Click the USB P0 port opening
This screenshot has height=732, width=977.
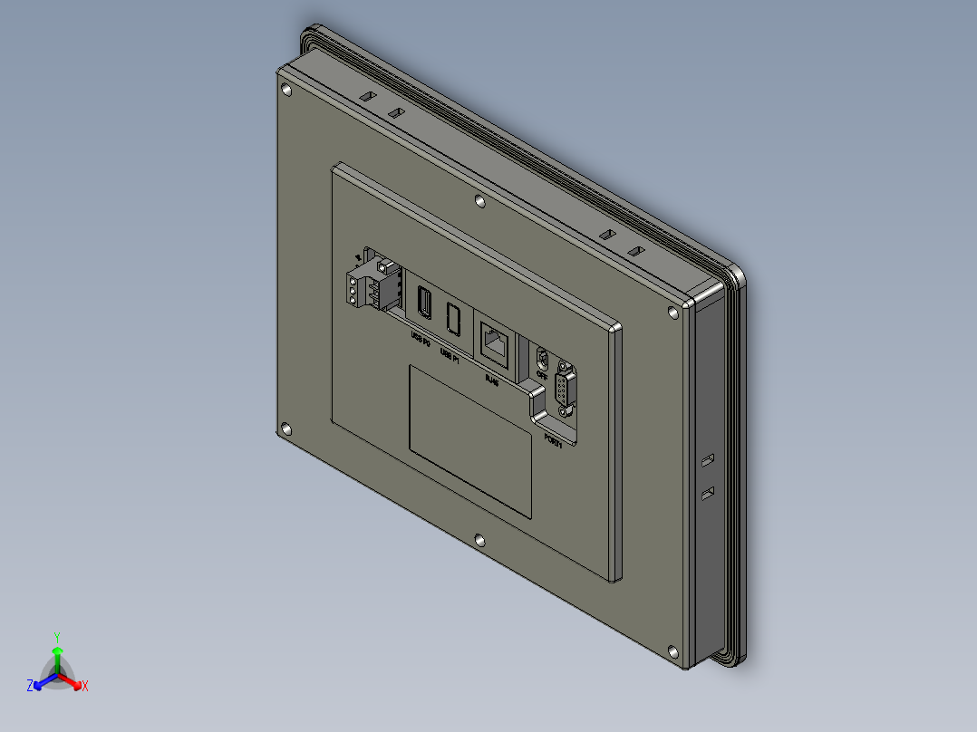point(422,303)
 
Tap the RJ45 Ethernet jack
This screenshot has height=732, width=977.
point(494,343)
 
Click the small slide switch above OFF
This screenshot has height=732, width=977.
point(543,357)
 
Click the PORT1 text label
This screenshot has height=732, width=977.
point(553,441)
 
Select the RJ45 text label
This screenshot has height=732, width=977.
point(492,380)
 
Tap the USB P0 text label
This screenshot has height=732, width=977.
point(421,340)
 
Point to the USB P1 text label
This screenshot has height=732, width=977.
point(450,355)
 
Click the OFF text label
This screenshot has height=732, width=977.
point(542,373)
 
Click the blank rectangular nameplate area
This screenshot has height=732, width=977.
point(469,441)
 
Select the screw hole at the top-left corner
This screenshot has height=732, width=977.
point(287,90)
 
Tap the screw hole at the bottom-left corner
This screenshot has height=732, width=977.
point(286,430)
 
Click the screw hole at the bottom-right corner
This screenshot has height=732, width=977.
point(672,651)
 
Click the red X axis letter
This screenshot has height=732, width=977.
point(85,687)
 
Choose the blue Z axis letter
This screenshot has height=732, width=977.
point(30,686)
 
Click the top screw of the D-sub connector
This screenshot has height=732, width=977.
point(565,366)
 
